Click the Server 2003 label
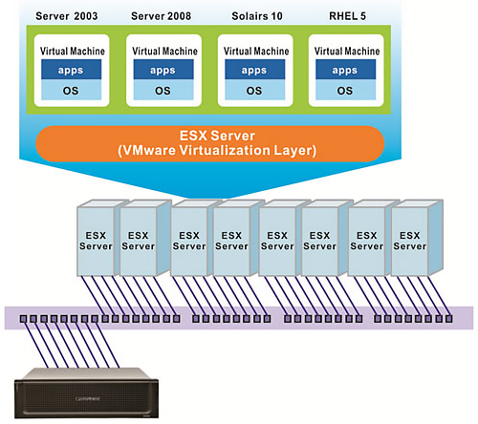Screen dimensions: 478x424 click(x=67, y=16)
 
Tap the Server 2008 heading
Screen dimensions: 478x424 click(x=161, y=16)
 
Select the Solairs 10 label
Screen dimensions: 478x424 click(x=257, y=16)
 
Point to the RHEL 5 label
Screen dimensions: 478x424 click(x=347, y=16)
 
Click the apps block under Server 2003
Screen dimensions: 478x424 click(x=71, y=70)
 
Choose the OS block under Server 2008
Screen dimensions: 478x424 click(x=163, y=90)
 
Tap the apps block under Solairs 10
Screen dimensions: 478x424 click(x=254, y=70)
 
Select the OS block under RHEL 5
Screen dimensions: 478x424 click(x=345, y=90)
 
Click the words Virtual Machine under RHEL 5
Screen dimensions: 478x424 click(x=347, y=51)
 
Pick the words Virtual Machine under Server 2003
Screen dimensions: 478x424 click(x=73, y=51)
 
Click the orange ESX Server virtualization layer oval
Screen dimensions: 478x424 click(x=209, y=143)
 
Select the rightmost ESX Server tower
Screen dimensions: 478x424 click(x=417, y=238)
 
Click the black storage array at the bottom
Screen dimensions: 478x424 click(x=87, y=393)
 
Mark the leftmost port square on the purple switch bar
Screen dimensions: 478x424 click(x=23, y=319)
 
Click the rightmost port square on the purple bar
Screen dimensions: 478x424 click(x=448, y=319)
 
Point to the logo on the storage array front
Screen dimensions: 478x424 click(x=87, y=398)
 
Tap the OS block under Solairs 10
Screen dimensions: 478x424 click(x=254, y=90)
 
